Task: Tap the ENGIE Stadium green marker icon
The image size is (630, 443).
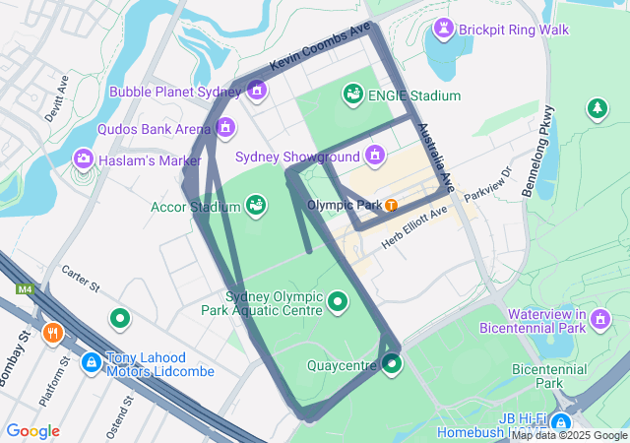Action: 351,95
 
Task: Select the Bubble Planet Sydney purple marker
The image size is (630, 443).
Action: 257,92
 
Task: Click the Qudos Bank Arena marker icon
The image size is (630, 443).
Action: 225,128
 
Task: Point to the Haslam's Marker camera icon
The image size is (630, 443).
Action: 84,158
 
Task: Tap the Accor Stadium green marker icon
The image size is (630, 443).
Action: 256,206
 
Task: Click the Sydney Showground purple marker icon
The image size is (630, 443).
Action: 374,156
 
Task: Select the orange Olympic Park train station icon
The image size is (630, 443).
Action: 392,205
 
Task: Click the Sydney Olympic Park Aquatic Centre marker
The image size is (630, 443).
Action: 338,301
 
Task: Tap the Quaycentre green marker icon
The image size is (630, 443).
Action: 393,365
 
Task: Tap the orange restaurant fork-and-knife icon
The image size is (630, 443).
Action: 53,333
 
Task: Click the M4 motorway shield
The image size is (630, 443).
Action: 24,289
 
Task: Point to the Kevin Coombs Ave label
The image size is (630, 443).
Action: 320,46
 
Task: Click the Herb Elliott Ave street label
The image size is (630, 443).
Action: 415,225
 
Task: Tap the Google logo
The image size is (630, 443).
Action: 32,431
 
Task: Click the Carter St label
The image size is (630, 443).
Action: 82,281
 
